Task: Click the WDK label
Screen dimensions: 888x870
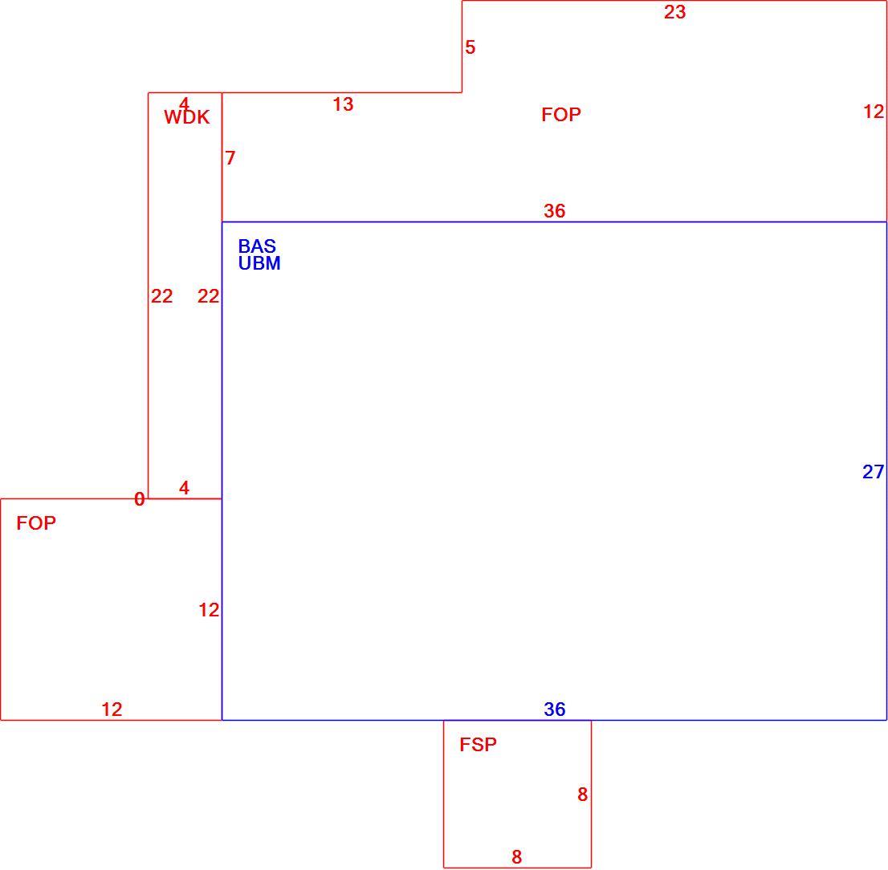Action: coord(187,117)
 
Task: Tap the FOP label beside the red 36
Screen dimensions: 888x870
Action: coord(561,115)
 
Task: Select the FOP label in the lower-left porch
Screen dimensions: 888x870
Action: coord(36,523)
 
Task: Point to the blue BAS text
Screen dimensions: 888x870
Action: coord(257,246)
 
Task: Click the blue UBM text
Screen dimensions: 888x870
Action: coord(259,263)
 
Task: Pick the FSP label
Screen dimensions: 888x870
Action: coord(478,744)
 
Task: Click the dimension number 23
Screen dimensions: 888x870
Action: coord(675,12)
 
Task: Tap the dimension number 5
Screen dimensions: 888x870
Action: coord(470,47)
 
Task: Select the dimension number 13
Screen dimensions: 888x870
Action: coord(343,104)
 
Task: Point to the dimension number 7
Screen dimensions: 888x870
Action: coord(230,158)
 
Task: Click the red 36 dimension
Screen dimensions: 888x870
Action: coord(555,210)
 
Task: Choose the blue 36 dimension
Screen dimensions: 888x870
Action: coord(555,709)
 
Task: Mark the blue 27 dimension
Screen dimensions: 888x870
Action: coord(874,471)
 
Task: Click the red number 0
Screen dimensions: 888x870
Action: coord(140,499)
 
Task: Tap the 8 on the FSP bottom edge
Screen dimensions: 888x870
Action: coord(516,857)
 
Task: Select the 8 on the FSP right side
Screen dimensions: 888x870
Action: coord(582,795)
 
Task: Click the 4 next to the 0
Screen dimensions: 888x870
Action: coord(184,488)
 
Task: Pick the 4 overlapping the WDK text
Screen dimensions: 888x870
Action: coord(184,104)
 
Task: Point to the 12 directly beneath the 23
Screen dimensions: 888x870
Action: coord(874,112)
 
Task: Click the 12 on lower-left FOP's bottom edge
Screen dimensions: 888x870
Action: coord(112,709)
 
